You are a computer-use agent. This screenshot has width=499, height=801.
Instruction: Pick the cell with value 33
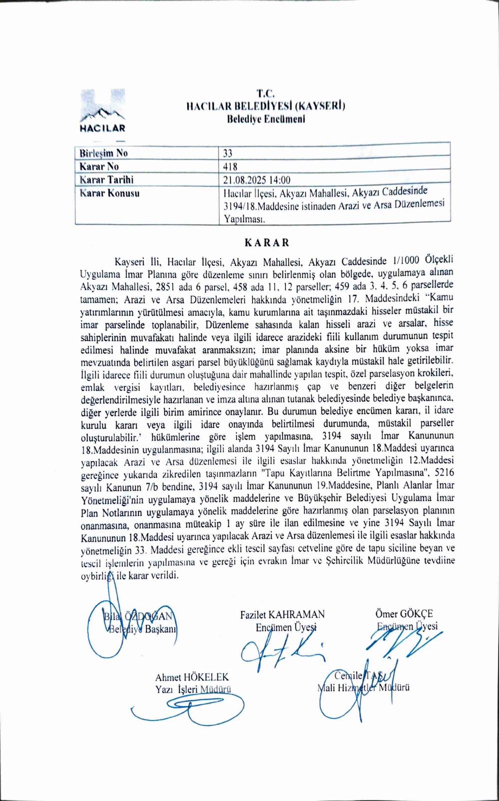click(x=228, y=153)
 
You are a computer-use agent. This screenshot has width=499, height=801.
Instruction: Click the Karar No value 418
click(x=230, y=166)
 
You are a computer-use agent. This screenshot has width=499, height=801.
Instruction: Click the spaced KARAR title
click(x=266, y=242)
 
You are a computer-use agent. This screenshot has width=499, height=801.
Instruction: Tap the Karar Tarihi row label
click(x=106, y=179)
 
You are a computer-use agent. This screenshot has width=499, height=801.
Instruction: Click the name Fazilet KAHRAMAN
click(x=282, y=614)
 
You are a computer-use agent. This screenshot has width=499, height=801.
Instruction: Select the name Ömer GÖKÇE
click(x=404, y=614)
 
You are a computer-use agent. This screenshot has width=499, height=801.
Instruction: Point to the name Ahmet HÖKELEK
click(x=192, y=677)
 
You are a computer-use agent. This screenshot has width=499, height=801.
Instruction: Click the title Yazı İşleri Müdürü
click(x=193, y=690)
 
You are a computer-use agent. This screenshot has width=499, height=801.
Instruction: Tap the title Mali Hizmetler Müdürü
click(x=364, y=687)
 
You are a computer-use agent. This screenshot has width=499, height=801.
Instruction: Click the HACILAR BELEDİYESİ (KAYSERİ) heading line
click(x=265, y=106)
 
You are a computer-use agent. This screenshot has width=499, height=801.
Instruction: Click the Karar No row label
click(x=99, y=166)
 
